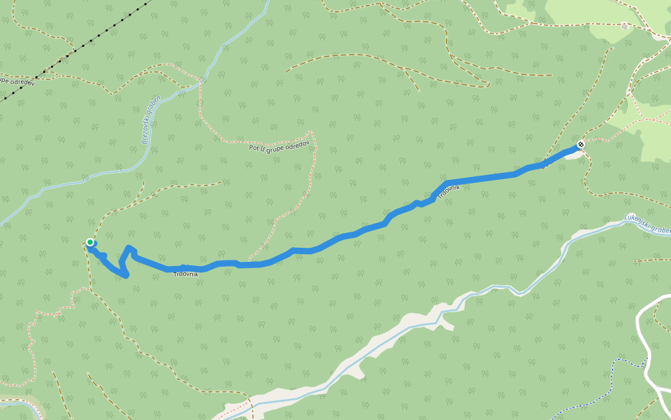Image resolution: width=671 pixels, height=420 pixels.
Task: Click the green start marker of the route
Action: pyautogui.click(x=90, y=242)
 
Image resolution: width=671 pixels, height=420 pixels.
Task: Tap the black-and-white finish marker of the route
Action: pyautogui.click(x=581, y=145)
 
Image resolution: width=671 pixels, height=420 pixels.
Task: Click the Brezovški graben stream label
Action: pyautogui.click(x=151, y=119)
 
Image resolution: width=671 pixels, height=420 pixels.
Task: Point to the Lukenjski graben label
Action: pyautogui.click(x=647, y=224)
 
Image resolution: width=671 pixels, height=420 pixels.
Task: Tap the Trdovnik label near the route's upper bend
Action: pyautogui.click(x=449, y=190)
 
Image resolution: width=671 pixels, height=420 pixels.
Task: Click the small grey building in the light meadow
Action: pyautogui.click(x=624, y=27)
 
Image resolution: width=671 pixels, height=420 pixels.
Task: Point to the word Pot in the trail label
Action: pyautogui.click(x=254, y=148)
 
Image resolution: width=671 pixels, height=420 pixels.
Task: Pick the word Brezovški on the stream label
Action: pyautogui.click(x=147, y=130)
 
